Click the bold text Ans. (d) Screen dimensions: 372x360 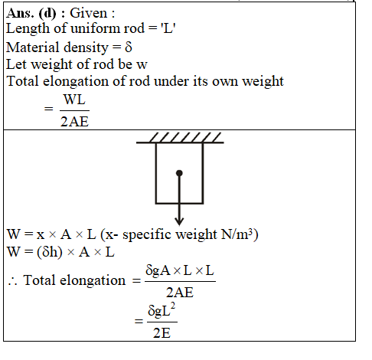click(31, 13)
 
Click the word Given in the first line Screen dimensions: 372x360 click(89, 13)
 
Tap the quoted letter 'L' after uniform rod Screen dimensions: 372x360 click(168, 28)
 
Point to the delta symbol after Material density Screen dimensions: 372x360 click(129, 47)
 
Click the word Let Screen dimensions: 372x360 click(16, 64)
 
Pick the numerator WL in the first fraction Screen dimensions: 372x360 click(74, 100)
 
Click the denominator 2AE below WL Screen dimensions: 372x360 click(74, 122)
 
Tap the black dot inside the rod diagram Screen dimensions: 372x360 click(179, 173)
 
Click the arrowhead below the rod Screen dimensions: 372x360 click(179, 221)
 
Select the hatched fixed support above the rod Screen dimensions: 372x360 click(180, 138)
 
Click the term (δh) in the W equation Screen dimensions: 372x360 click(50, 252)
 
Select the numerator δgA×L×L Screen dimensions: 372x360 click(180, 270)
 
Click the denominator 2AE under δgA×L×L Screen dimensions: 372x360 click(180, 293)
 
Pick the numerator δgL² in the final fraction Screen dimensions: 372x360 click(162, 310)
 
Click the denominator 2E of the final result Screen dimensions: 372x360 click(162, 333)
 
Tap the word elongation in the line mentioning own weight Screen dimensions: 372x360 click(76, 82)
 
